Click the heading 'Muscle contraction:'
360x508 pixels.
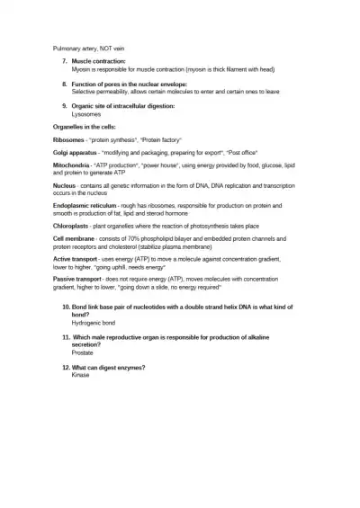click(x=100, y=61)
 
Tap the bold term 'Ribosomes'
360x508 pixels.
click(x=68, y=140)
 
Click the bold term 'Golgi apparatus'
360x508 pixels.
click(x=77, y=154)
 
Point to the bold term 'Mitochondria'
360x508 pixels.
click(x=72, y=166)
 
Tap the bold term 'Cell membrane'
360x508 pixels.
click(x=75, y=238)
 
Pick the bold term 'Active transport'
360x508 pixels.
click(x=76, y=259)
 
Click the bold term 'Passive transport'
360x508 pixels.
click(x=78, y=280)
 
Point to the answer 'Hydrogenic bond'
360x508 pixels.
click(x=94, y=322)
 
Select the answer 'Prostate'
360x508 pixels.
click(x=83, y=353)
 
